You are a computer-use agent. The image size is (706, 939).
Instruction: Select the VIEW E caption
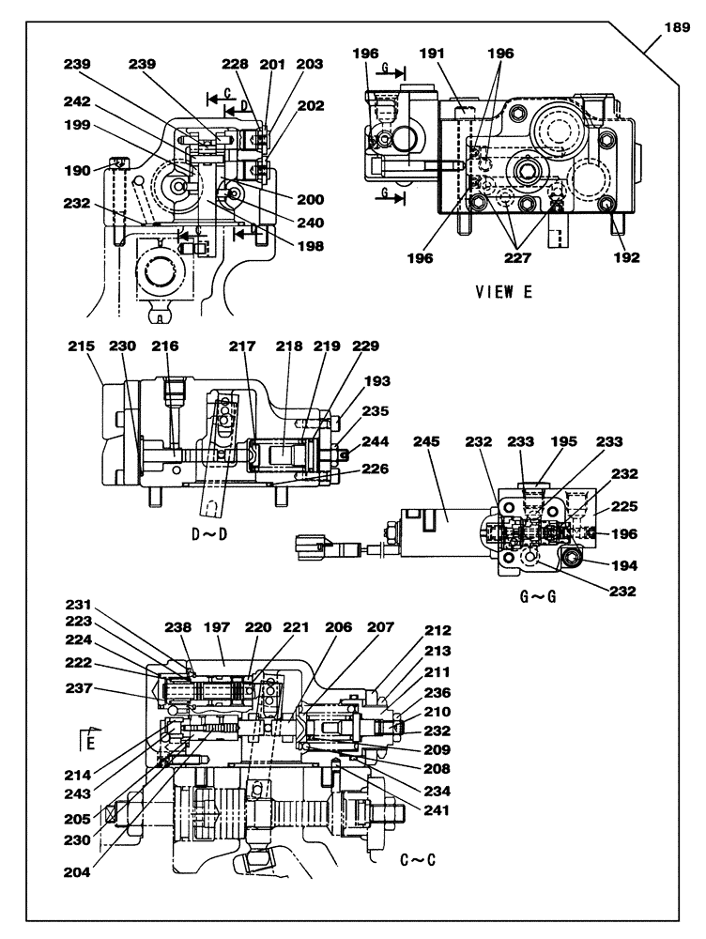point(505,291)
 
